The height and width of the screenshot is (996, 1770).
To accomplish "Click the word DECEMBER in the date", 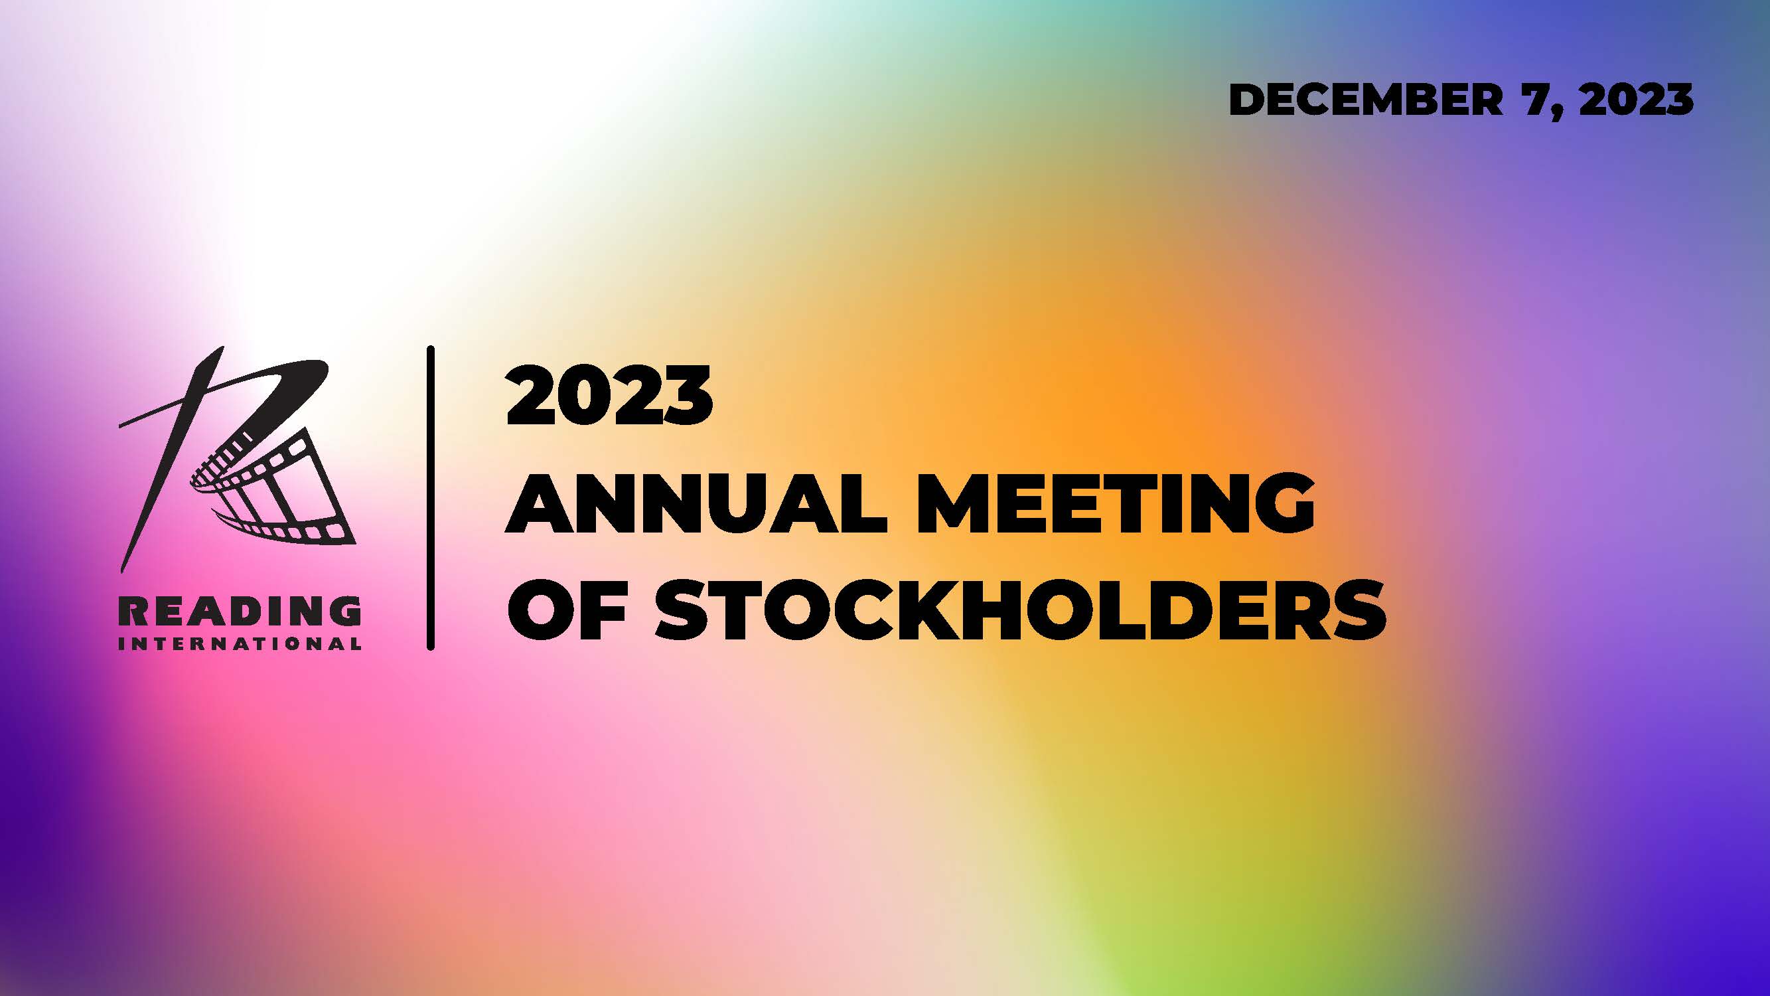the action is (1365, 100).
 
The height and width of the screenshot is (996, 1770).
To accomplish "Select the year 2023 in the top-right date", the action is (1636, 100).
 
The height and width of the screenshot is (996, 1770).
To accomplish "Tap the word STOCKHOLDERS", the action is (1020, 610).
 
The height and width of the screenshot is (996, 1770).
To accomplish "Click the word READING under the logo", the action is (240, 611).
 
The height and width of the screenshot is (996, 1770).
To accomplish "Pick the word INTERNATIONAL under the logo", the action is (240, 644).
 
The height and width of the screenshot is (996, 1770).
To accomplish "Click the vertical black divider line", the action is (431, 497).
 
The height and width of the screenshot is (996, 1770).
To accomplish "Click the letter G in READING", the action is (346, 611).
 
